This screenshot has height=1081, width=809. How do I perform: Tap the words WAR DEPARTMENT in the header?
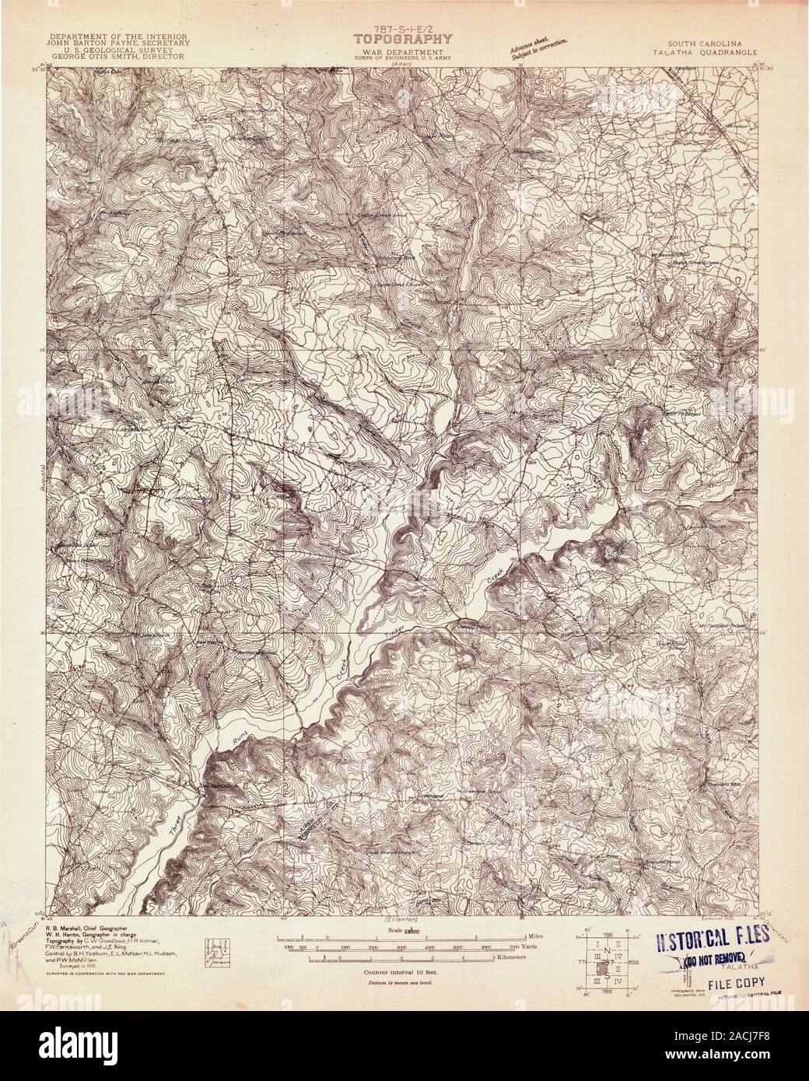pyautogui.click(x=404, y=50)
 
